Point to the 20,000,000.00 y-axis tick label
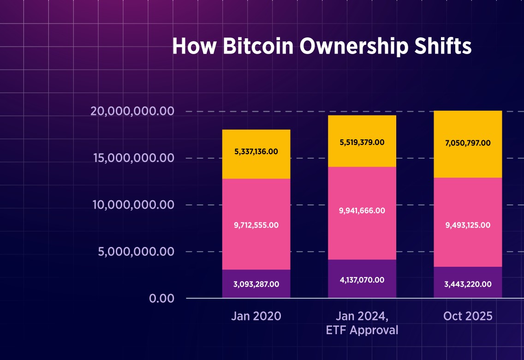[x=132, y=112]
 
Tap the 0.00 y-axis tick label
[x=161, y=298]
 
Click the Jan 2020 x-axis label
[x=256, y=316]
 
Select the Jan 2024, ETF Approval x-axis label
[x=362, y=323]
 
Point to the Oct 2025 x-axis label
[x=468, y=316]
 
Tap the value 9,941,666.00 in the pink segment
[x=362, y=210]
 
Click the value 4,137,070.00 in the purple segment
[x=362, y=280]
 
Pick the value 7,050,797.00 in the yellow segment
[x=468, y=143]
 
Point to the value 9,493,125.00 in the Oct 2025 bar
[x=468, y=225]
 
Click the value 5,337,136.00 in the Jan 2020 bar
[x=256, y=151]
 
